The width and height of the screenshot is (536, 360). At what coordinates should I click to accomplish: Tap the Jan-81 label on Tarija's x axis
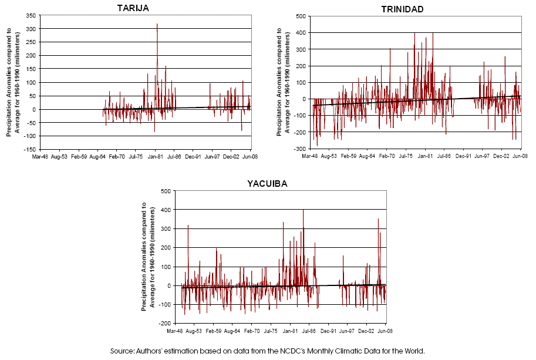(x=155, y=157)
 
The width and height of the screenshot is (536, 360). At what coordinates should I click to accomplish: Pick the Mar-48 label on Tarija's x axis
(x=41, y=157)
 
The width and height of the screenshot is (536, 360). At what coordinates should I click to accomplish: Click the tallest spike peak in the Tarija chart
(x=157, y=24)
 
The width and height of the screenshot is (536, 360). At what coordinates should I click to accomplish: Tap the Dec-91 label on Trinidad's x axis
(x=463, y=157)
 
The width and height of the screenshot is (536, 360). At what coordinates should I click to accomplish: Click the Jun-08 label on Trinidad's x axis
(x=520, y=157)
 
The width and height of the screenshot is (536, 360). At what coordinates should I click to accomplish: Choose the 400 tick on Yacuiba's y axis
(x=167, y=210)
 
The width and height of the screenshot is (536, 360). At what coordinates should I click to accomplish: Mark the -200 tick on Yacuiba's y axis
(x=166, y=324)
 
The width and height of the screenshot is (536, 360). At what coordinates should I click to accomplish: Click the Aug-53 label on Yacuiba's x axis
(x=194, y=332)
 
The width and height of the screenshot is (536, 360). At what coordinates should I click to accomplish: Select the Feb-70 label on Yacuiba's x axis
(x=251, y=332)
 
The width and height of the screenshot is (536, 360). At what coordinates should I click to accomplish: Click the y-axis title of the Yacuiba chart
(x=148, y=257)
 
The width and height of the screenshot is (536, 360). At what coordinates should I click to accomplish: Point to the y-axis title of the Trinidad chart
(x=283, y=82)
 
